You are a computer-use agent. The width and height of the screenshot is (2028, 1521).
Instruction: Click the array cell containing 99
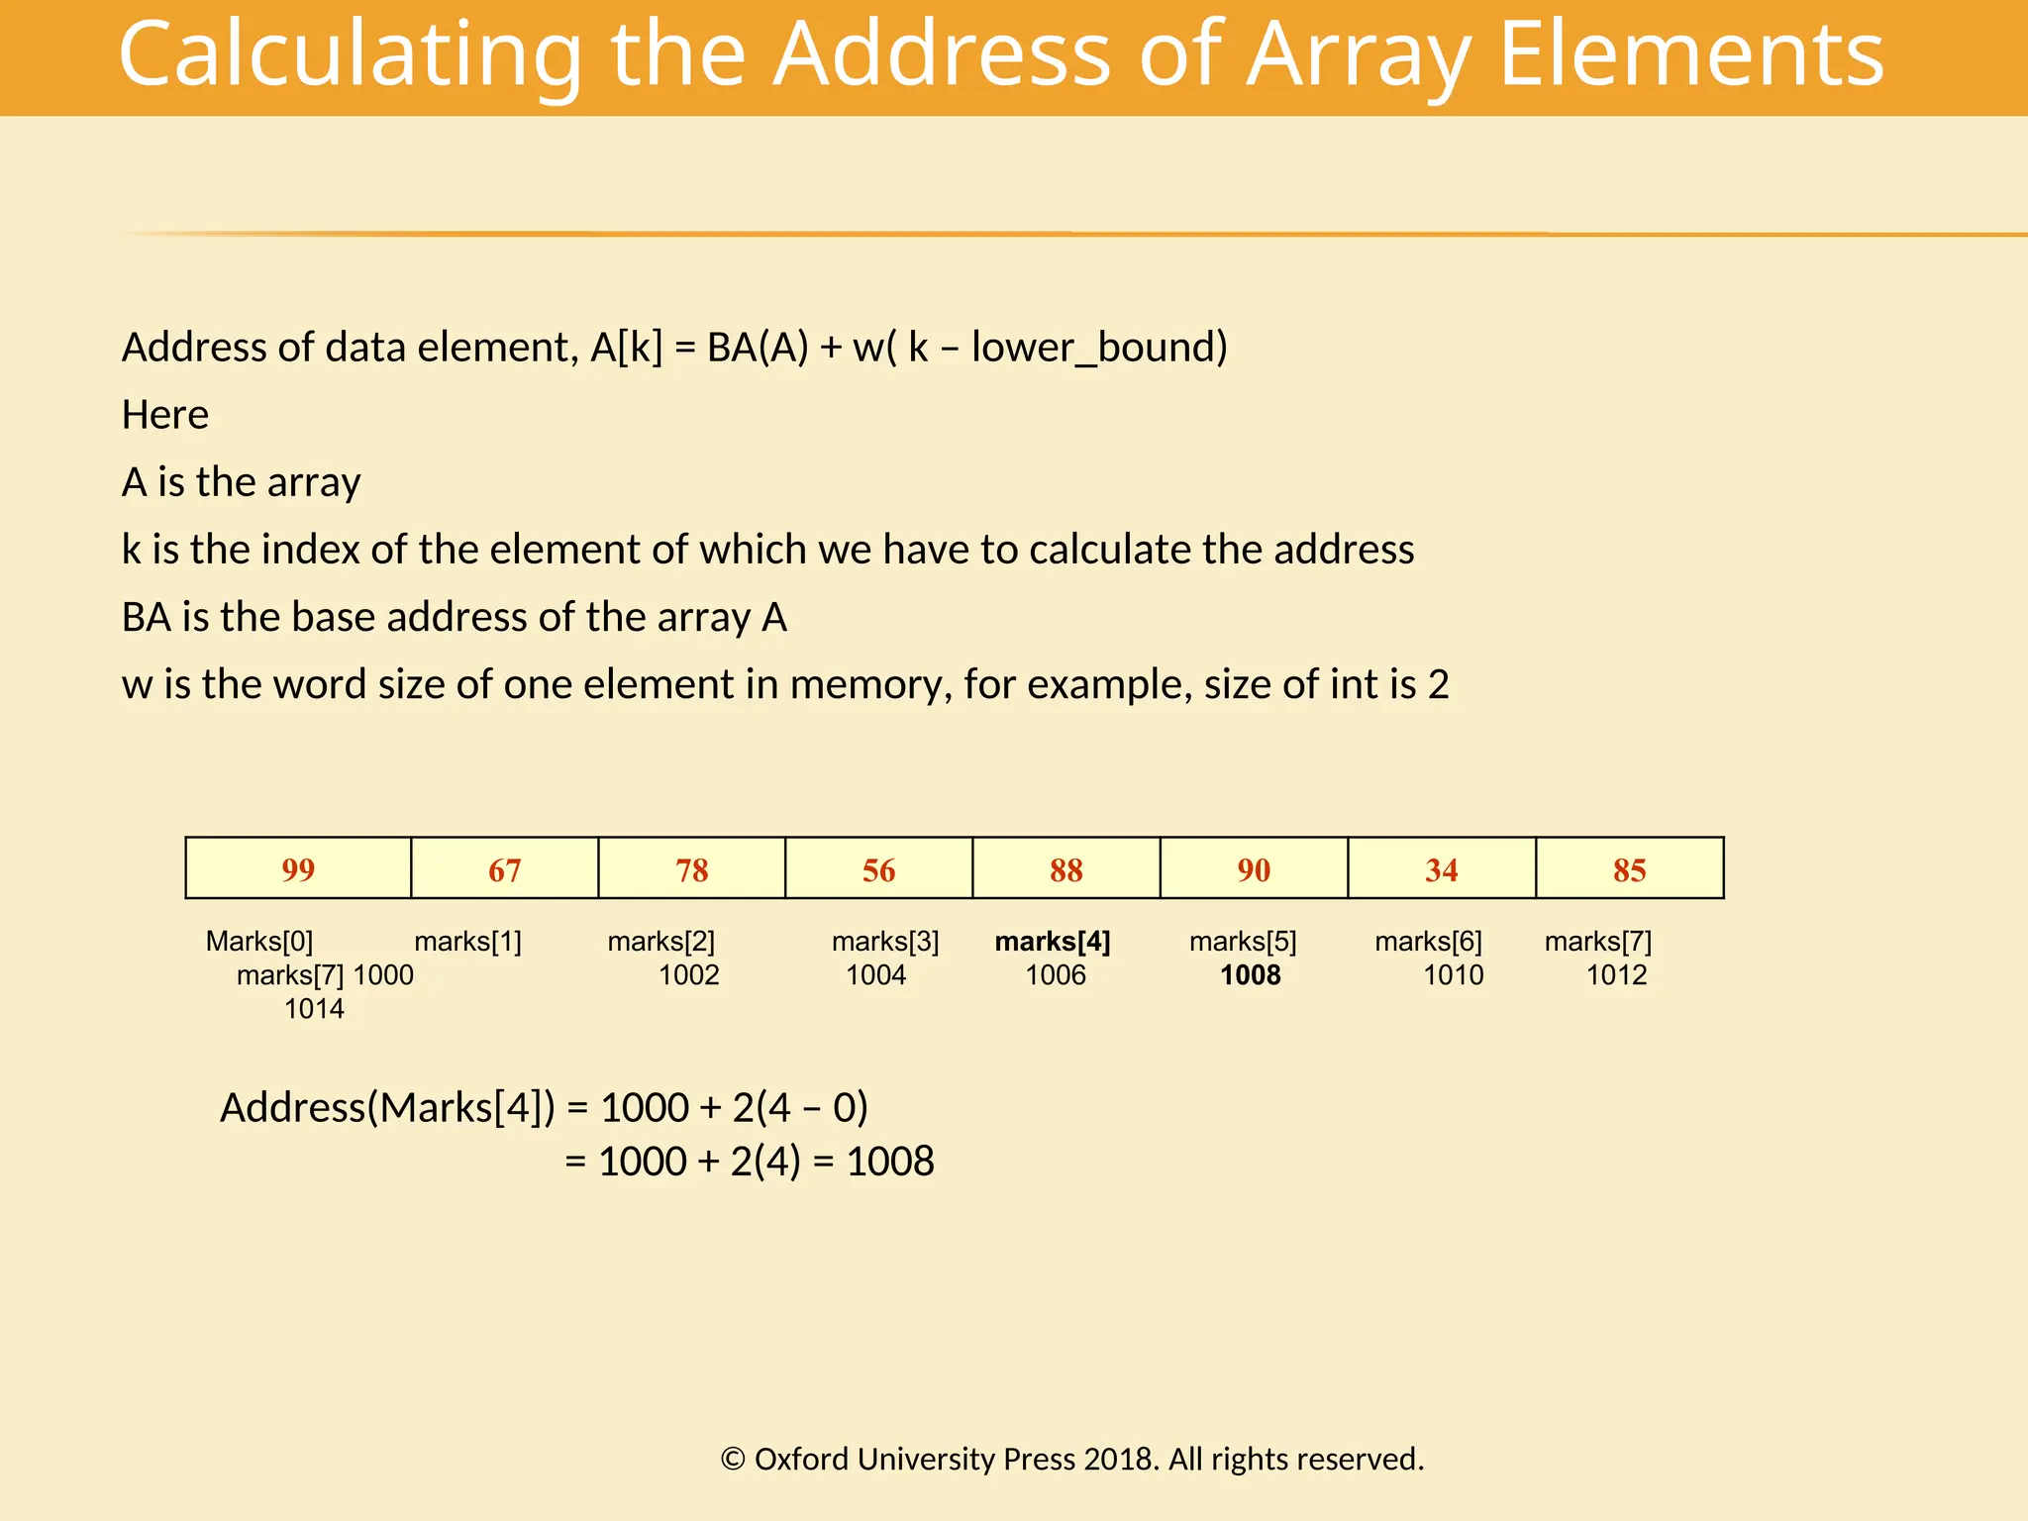click(298, 869)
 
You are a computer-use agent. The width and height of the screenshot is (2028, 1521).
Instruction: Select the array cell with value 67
click(504, 869)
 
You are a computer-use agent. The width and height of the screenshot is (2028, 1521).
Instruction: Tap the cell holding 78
click(691, 869)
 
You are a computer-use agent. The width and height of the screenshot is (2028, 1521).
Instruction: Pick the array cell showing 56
click(878, 869)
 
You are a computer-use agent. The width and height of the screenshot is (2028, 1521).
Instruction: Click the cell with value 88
click(1065, 869)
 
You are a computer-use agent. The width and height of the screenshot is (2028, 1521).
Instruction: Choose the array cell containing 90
click(1254, 869)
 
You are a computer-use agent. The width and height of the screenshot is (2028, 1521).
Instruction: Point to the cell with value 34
click(1441, 869)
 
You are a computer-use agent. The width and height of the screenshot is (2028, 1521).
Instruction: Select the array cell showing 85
click(1629, 869)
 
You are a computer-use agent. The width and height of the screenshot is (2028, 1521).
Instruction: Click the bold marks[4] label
click(1053, 942)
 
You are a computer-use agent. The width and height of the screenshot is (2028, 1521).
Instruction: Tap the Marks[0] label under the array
click(259, 942)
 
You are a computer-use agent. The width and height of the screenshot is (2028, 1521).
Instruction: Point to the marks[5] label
click(1243, 942)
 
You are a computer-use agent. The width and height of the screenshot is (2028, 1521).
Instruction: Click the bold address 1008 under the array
click(1251, 975)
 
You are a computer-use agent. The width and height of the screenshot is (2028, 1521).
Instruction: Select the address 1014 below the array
click(314, 1009)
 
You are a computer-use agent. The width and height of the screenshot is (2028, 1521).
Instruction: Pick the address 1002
click(689, 975)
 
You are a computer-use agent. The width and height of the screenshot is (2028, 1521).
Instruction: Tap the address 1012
click(1616, 975)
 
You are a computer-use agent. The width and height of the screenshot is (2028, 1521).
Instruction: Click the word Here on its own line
click(165, 415)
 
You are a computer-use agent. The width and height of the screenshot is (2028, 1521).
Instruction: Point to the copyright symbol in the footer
click(733, 1460)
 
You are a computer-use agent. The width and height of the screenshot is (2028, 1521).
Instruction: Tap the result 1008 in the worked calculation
click(890, 1162)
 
